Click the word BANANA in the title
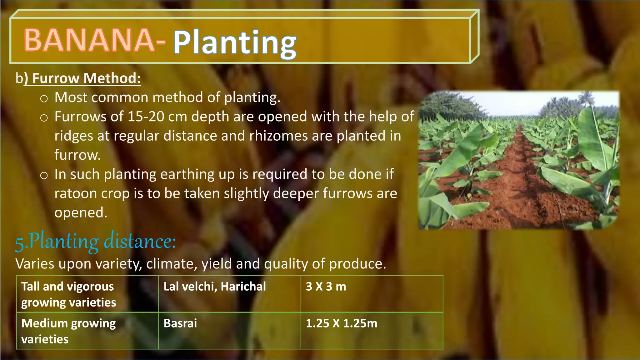pos(89,40)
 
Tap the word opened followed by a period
pos(81,213)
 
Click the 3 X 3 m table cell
pos(372,294)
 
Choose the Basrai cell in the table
pos(230,331)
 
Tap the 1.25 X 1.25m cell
pos(372,331)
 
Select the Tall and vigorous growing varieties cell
pos(87,294)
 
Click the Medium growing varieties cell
pos(87,331)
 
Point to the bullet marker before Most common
pos(44,99)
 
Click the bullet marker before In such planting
pos(44,175)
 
